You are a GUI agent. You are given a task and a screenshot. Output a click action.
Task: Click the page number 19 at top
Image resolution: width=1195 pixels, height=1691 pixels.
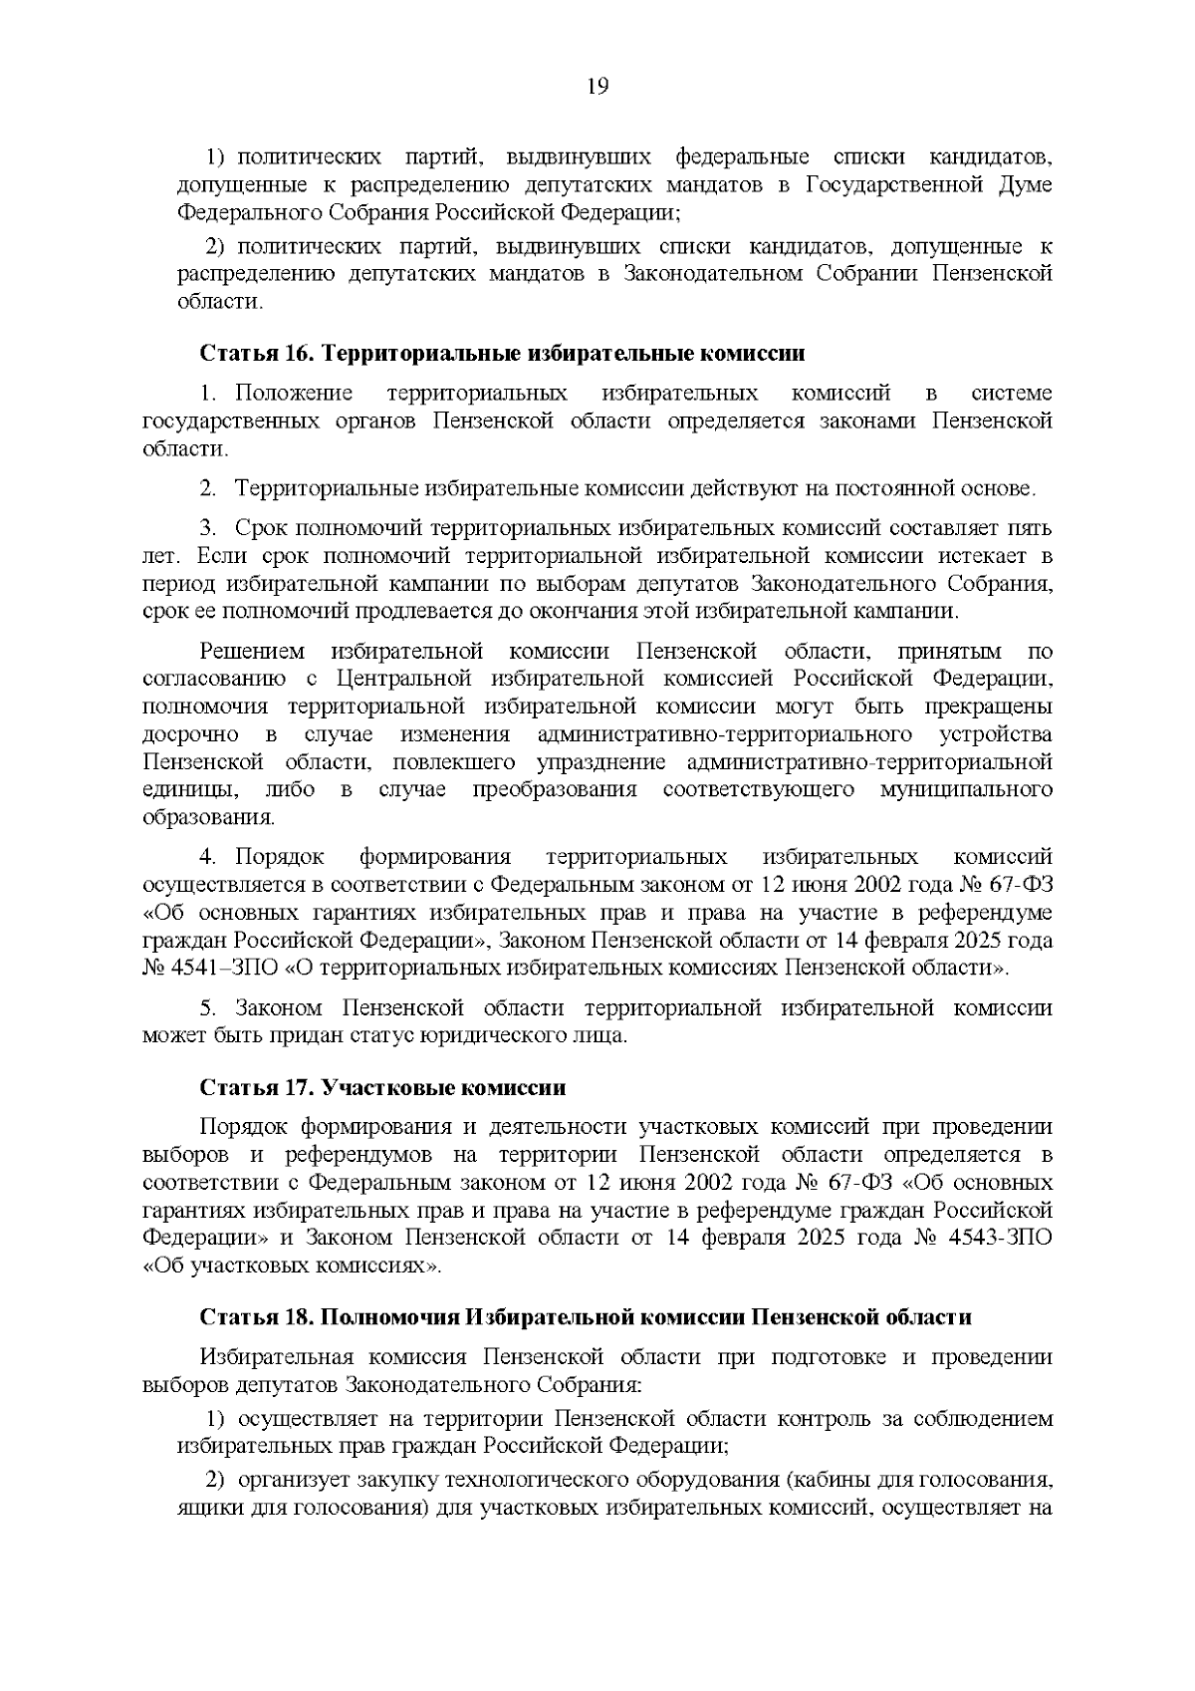click(597, 86)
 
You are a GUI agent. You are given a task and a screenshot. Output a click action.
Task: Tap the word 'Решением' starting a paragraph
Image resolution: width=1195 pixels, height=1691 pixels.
click(253, 653)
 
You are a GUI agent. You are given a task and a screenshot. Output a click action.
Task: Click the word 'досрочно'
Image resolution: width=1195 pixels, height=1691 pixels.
click(190, 735)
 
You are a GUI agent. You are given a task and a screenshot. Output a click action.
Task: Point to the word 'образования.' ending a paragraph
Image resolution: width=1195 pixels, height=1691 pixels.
click(208, 818)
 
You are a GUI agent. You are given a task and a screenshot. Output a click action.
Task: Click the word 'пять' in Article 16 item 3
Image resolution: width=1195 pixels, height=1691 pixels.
click(1030, 528)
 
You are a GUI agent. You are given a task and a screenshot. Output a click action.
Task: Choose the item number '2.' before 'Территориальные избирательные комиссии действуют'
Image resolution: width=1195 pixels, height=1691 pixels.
click(208, 489)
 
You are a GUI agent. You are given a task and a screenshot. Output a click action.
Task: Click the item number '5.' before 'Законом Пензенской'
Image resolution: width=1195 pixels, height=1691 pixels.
click(208, 1008)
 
